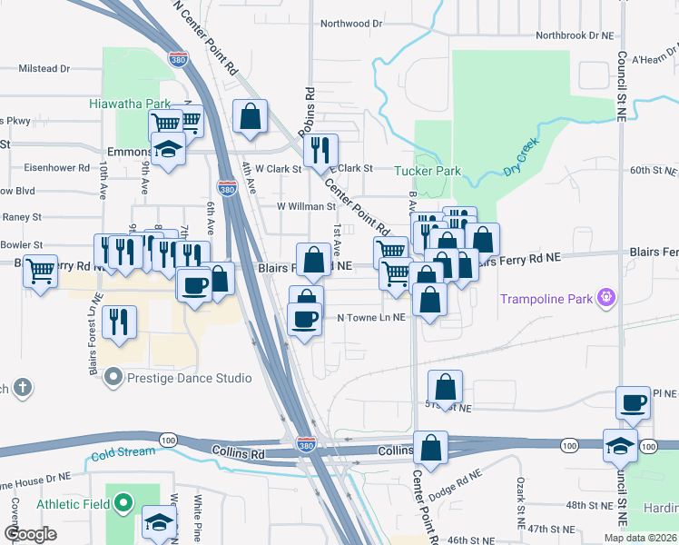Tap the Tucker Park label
coord(428,171)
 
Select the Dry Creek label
coord(521,156)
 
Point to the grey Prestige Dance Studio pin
coord(113,375)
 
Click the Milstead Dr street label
coord(44,68)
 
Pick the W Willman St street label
coord(307,206)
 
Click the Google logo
coord(31,534)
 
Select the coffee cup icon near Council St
coord(633,401)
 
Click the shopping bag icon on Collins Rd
coord(430,446)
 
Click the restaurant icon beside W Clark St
coord(320,149)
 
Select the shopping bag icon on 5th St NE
coord(445,385)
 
